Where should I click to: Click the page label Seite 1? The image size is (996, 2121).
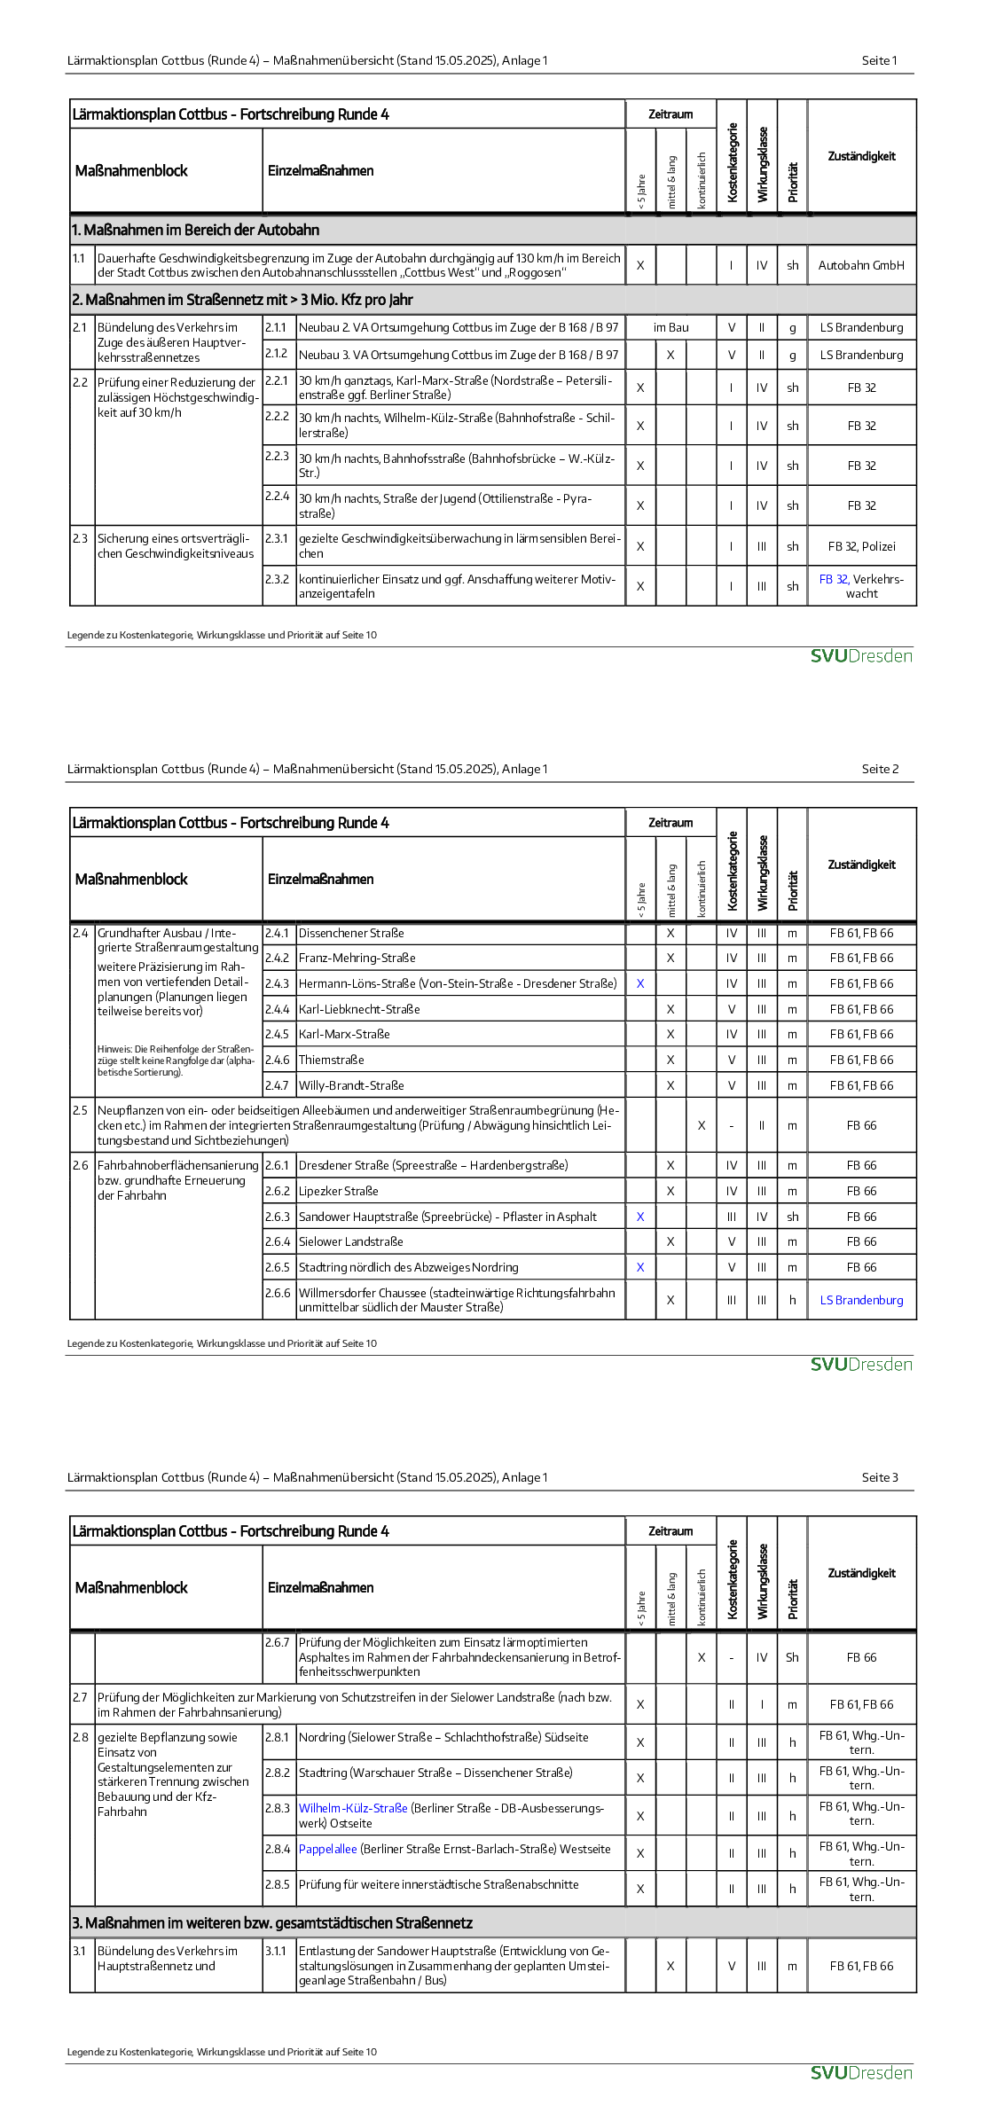(879, 60)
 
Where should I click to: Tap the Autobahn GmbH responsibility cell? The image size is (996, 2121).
(861, 265)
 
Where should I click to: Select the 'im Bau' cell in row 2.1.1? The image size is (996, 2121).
(671, 327)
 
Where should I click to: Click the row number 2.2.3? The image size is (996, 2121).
(277, 456)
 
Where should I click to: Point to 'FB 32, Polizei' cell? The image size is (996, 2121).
(861, 546)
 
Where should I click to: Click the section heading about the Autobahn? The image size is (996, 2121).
(196, 230)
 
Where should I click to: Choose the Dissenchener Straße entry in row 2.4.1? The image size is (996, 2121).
(351, 933)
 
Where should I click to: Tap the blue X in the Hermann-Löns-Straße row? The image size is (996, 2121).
(640, 983)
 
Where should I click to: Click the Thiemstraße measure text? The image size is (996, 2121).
(331, 1060)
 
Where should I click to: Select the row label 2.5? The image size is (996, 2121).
(81, 1110)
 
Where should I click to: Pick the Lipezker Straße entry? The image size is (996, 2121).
(338, 1191)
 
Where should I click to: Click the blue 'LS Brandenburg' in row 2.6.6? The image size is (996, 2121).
(861, 1300)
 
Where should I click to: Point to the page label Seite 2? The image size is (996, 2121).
(880, 769)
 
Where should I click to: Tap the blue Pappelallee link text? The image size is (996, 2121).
(327, 1849)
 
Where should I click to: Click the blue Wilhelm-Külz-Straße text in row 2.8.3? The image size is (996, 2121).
(353, 1808)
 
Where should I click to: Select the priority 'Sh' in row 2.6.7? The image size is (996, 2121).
(792, 1657)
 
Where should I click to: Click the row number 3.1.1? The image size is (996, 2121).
(277, 1951)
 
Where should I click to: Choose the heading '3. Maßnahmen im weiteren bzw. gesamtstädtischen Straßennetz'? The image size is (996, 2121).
(272, 1922)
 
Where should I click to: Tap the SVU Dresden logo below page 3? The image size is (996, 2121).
(860, 2072)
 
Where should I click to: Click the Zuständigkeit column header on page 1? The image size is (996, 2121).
(861, 156)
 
